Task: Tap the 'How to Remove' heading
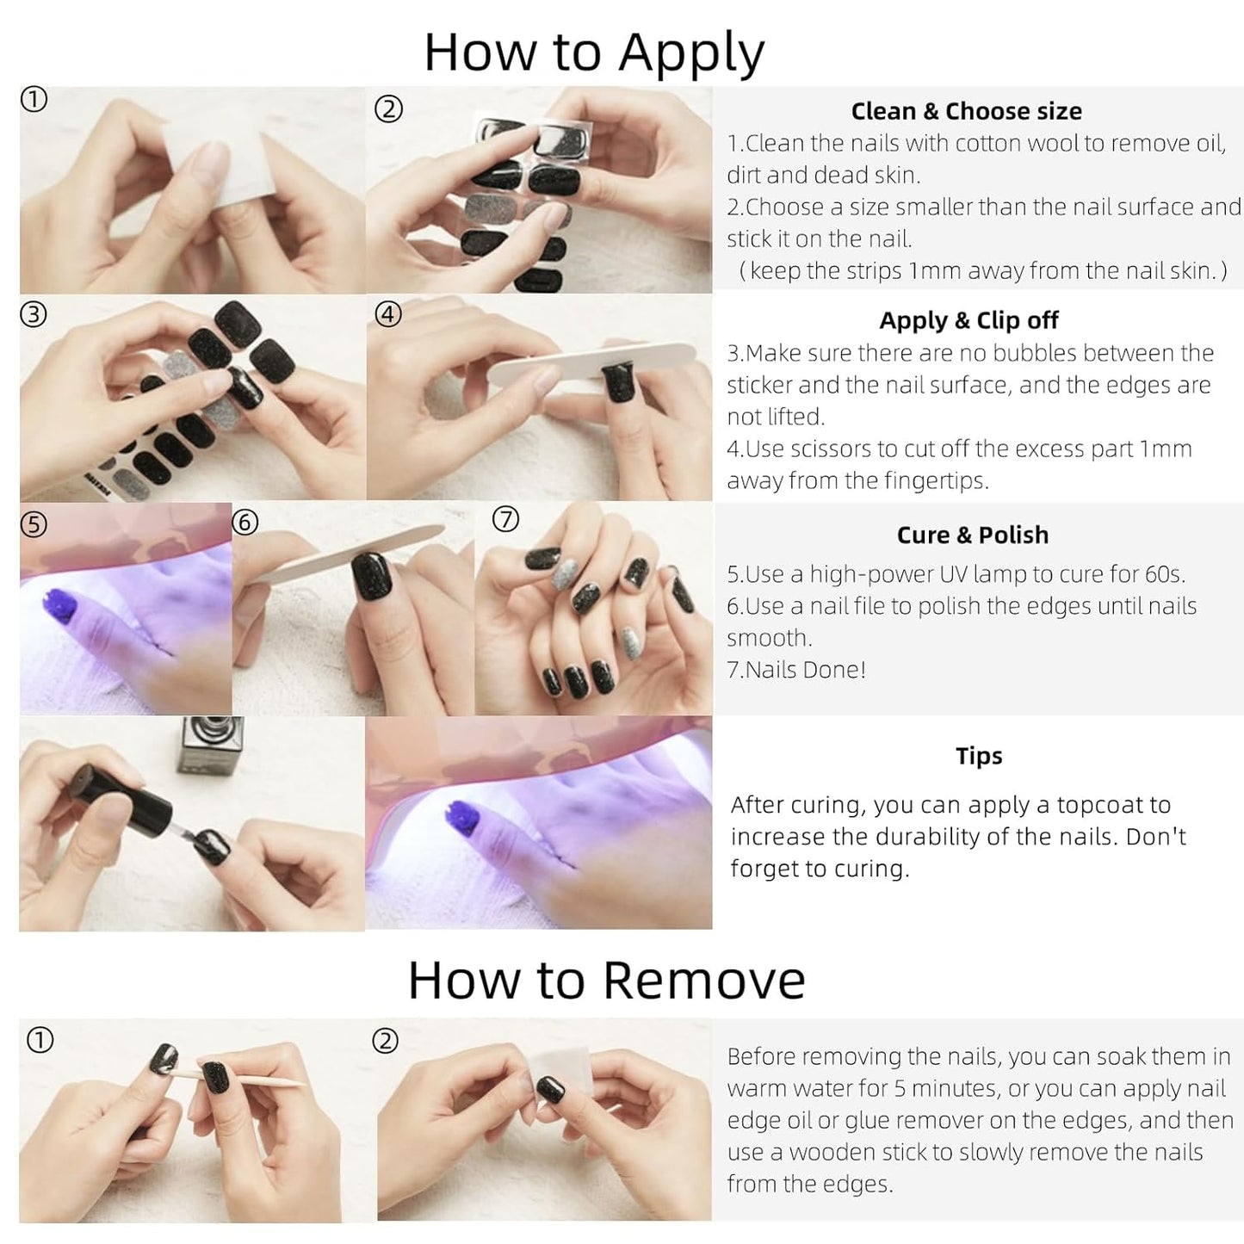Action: click(x=607, y=980)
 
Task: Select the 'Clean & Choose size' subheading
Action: click(x=966, y=111)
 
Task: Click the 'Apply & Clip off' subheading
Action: click(x=969, y=321)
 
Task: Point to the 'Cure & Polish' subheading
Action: click(x=972, y=535)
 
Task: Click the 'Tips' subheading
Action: click(x=979, y=756)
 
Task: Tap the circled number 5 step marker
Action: click(x=34, y=525)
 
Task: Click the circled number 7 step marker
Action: click(x=505, y=520)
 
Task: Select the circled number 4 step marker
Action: click(x=388, y=314)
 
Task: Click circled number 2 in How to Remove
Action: click(x=386, y=1042)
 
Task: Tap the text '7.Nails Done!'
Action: click(x=796, y=670)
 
